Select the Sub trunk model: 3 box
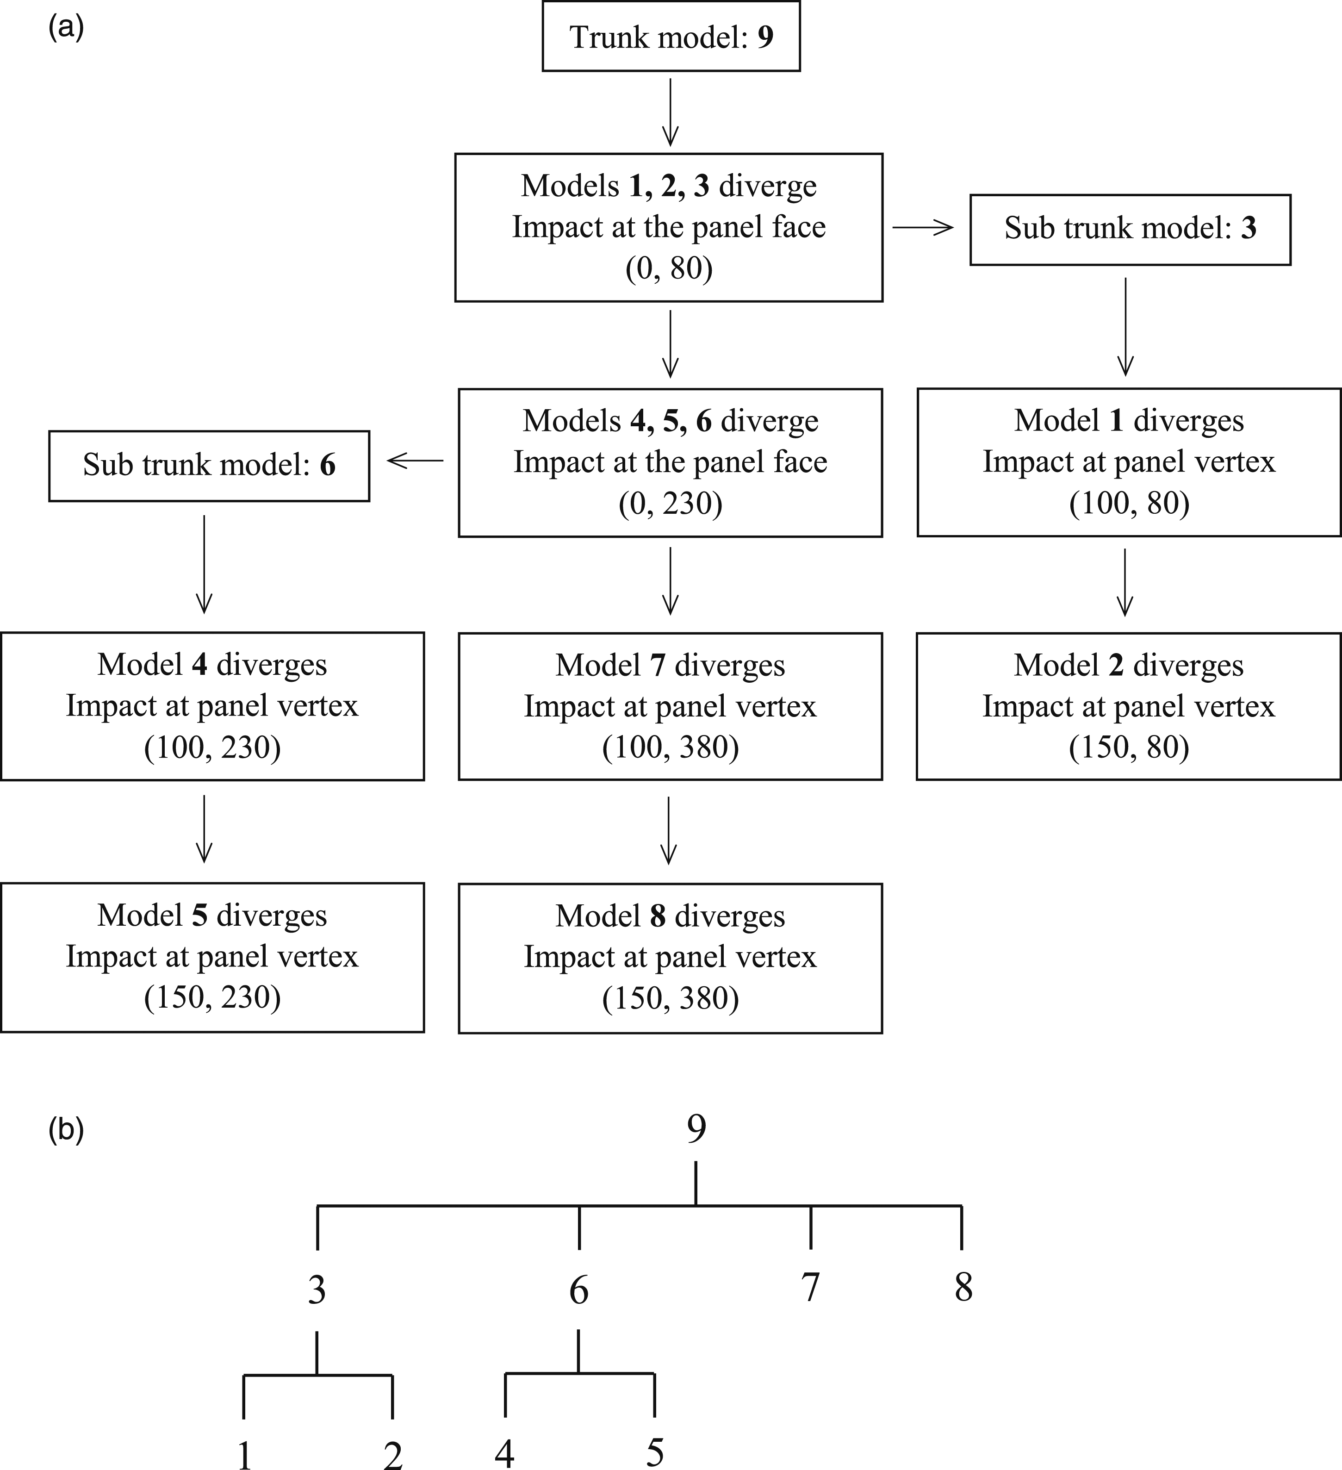pos(1130,229)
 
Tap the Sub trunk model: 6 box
pos(209,465)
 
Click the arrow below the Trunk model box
pos(670,112)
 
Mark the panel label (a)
pos(66,28)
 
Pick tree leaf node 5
pos(655,1452)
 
